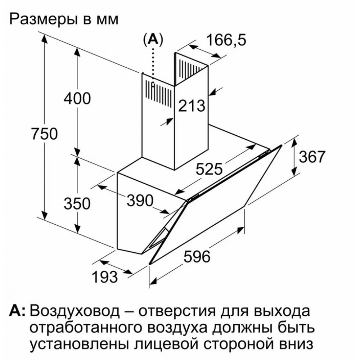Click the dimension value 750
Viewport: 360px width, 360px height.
pos(45,134)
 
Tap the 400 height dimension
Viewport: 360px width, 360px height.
pos(77,99)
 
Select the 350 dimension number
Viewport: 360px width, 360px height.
pos(77,203)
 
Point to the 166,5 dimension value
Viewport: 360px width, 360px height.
pos(226,40)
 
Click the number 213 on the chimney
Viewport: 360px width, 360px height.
pos(192,106)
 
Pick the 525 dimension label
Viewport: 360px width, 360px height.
pos(209,169)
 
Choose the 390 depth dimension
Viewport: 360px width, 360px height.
pos(140,200)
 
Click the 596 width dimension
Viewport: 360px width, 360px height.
pos(197,256)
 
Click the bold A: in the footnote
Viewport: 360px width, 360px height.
pos(17,311)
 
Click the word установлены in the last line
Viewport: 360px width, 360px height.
pos(80,345)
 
